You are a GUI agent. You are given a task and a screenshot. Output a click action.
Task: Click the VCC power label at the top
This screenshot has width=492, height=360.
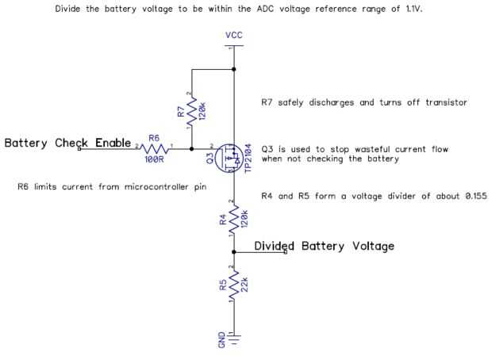pos(233,36)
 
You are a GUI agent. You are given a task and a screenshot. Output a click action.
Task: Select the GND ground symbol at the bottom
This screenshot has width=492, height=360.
pos(233,342)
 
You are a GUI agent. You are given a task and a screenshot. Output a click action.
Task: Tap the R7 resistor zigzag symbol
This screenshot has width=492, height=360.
pos(192,109)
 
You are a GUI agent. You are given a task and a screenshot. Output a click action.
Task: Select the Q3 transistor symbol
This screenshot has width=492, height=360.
pos(229,156)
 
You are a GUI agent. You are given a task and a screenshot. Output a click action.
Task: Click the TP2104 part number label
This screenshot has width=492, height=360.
pos(248,157)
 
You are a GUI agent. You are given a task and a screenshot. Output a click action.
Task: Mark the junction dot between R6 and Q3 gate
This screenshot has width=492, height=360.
pos(192,147)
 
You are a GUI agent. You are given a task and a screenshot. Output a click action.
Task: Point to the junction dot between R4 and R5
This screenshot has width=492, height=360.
pos(233,252)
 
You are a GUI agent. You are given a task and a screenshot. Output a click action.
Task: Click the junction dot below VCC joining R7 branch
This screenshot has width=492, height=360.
pos(233,70)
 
